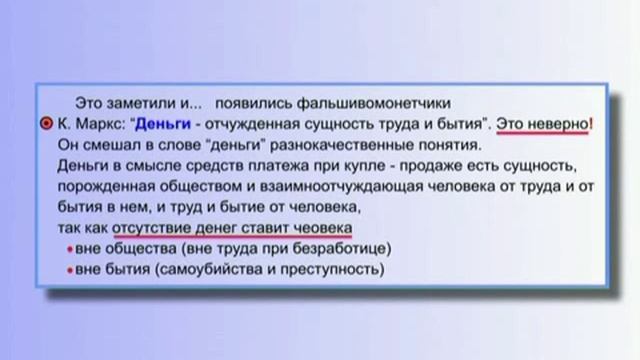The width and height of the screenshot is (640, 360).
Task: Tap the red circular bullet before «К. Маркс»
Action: pyautogui.click(x=47, y=124)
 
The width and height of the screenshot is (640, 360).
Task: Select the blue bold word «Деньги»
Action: pyautogui.click(x=161, y=124)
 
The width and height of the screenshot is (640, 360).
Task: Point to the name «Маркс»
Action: pyautogui.click(x=99, y=124)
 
